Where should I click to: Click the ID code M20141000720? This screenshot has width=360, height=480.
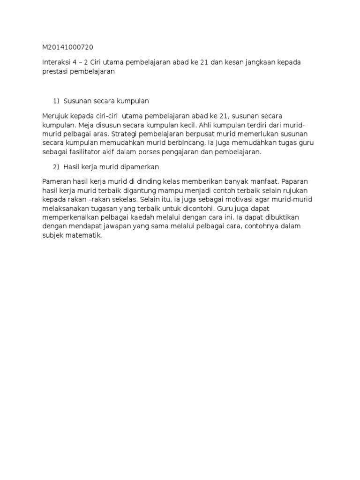(67, 47)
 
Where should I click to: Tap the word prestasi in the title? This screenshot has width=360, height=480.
(56, 72)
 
